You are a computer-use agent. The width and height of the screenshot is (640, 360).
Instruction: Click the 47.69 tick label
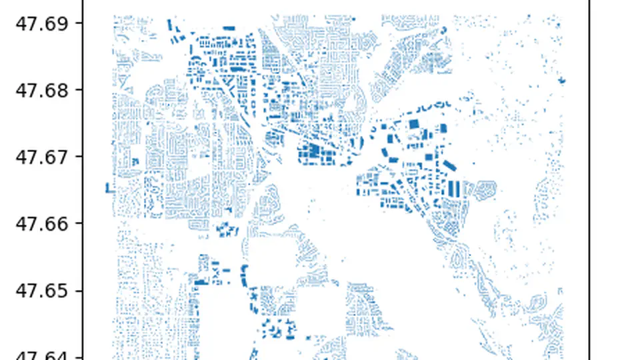41,23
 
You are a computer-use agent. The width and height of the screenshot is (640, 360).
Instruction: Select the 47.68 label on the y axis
41,90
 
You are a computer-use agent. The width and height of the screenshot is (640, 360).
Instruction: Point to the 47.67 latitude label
41,157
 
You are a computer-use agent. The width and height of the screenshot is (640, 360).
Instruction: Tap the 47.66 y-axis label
41,223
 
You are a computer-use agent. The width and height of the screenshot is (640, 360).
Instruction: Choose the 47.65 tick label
41,291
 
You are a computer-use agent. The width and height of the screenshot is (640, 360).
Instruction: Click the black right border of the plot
589,180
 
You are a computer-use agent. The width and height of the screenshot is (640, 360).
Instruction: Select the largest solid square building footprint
413,123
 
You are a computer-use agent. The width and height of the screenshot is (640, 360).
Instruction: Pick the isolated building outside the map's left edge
107,188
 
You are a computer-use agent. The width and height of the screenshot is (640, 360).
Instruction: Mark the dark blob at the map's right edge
563,81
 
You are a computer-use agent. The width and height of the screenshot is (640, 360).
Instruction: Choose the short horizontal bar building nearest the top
229,28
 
